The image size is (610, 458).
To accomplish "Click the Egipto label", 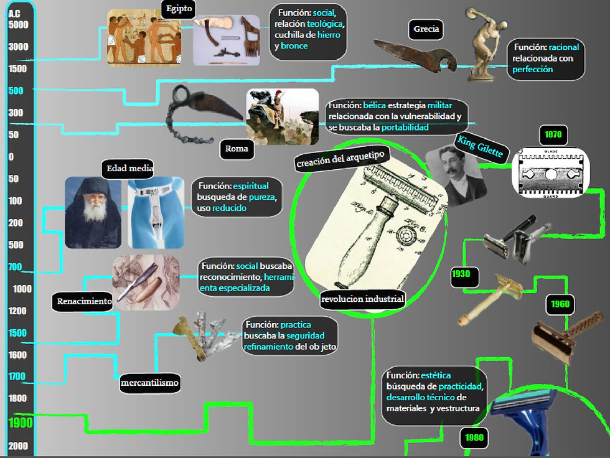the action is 179,9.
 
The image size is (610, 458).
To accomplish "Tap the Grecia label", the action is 426,29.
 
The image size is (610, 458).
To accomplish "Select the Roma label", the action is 237,149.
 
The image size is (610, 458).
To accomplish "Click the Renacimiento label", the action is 83,301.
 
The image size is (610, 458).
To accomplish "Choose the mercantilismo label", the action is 150,383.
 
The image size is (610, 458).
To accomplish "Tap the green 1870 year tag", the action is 553,135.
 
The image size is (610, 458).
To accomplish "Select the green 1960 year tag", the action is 560,304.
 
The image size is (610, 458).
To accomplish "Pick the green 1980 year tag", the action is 474,438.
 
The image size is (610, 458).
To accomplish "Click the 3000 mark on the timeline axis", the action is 18,47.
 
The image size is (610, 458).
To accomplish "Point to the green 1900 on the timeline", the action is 21,423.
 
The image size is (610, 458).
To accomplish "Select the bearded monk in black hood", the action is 93,213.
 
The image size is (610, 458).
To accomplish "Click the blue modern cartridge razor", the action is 523,422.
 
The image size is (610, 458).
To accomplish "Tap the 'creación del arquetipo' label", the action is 340,159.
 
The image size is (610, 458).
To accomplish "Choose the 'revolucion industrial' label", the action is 362,299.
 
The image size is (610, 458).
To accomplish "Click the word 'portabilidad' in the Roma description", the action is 405,128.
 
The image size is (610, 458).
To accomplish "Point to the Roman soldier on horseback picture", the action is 283,116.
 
